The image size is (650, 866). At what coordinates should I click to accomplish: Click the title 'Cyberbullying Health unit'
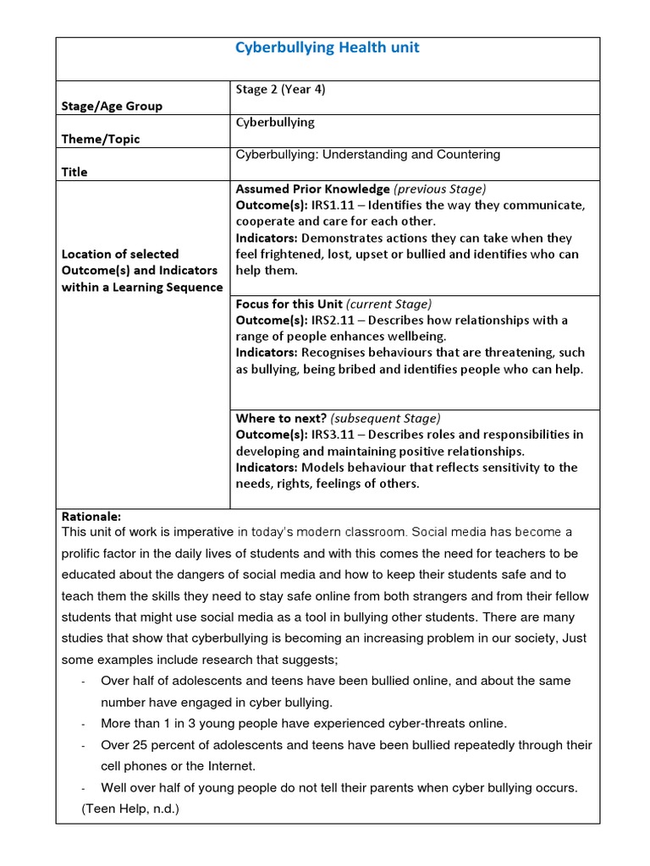tap(327, 48)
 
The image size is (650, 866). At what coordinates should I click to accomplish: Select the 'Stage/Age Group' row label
tap(112, 107)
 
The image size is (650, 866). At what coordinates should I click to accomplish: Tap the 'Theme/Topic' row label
tap(101, 139)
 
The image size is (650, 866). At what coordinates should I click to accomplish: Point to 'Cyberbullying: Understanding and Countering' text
tap(367, 155)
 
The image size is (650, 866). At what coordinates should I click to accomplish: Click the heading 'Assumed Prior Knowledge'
tap(312, 189)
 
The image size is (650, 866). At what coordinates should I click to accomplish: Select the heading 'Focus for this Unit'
tap(288, 304)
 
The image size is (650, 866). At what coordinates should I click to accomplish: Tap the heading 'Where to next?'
tap(281, 418)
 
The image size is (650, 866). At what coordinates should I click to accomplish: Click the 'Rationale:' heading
tap(91, 516)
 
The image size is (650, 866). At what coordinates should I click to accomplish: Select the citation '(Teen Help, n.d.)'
tap(130, 809)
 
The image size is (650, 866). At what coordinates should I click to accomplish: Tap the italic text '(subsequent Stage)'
tap(385, 418)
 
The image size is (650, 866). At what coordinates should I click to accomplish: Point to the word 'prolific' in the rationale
tap(84, 553)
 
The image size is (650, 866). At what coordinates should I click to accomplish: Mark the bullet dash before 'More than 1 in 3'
tap(84, 724)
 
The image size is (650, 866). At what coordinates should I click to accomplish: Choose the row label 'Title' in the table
tap(74, 172)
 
